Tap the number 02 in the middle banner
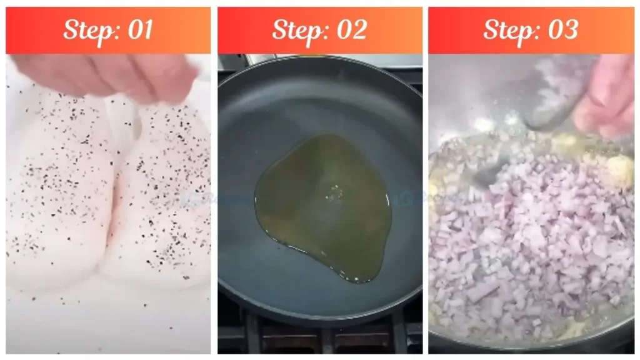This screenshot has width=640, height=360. [x=351, y=30]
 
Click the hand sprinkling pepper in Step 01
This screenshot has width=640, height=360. [x=106, y=75]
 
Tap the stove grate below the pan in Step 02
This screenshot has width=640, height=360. [x=319, y=337]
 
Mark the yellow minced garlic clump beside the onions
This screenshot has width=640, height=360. [x=619, y=169]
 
